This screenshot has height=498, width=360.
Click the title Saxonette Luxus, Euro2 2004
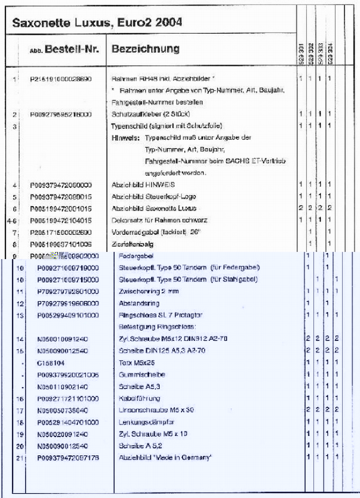tap(97, 22)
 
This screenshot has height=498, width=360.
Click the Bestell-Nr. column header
tap(72, 49)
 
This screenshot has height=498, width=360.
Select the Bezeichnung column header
tap(145, 49)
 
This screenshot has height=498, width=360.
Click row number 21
tap(19, 458)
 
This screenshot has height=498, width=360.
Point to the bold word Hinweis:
tap(125, 138)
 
